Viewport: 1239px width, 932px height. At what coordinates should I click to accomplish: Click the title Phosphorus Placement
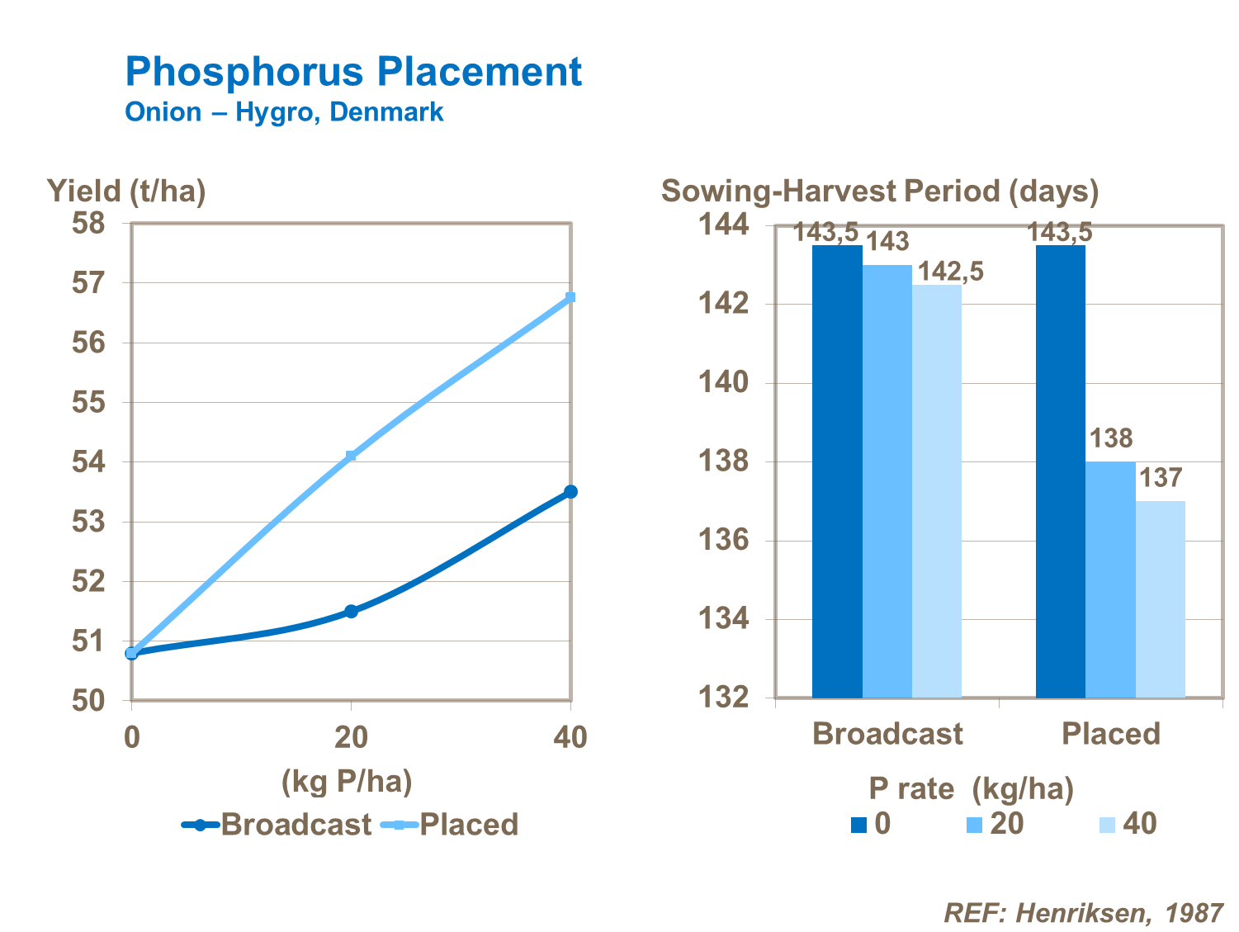(353, 72)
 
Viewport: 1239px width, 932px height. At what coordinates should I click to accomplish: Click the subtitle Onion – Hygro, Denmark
(284, 112)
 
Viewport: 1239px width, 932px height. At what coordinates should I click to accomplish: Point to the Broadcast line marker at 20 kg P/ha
(351, 611)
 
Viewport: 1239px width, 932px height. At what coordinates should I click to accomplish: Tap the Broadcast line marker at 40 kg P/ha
(570, 492)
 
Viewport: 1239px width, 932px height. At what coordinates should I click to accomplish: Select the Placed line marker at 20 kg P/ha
(351, 456)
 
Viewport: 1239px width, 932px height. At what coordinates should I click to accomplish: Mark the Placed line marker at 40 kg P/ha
(570, 297)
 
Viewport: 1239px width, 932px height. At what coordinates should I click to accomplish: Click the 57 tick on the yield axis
(89, 283)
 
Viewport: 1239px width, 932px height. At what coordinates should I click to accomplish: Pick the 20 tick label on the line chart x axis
(351, 736)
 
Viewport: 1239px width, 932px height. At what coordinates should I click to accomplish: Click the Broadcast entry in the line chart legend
(277, 825)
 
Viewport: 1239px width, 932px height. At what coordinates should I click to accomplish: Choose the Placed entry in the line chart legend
(450, 825)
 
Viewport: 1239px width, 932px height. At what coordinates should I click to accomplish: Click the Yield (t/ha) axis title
(126, 191)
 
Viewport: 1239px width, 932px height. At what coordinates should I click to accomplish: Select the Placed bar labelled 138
(1110, 578)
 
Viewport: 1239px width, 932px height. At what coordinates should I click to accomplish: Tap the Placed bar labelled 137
(1160, 598)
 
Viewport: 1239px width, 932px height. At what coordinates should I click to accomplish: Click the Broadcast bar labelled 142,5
(937, 491)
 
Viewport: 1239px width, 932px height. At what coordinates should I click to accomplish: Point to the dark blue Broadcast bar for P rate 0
(837, 471)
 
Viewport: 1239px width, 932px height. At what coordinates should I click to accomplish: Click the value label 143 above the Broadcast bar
(887, 242)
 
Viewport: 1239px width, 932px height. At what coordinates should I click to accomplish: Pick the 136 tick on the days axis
(725, 540)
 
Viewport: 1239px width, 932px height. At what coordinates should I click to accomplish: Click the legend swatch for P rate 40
(1107, 825)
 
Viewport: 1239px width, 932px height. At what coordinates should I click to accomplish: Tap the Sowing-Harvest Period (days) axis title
(880, 191)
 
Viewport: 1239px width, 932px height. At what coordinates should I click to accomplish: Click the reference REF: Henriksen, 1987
(1083, 912)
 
